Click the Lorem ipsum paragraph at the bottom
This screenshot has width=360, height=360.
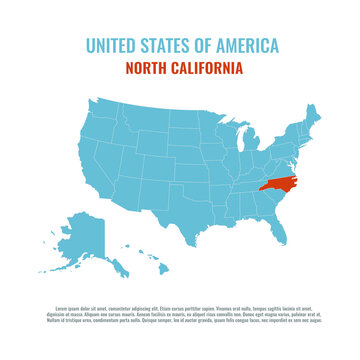[x=180, y=314]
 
